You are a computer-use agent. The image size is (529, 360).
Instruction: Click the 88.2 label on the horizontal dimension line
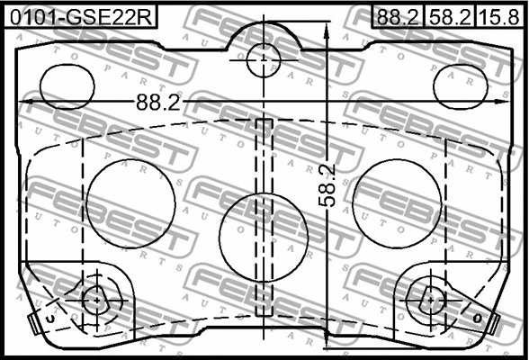click(x=156, y=103)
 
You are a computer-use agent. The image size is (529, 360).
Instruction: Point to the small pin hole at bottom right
click(x=431, y=300)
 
